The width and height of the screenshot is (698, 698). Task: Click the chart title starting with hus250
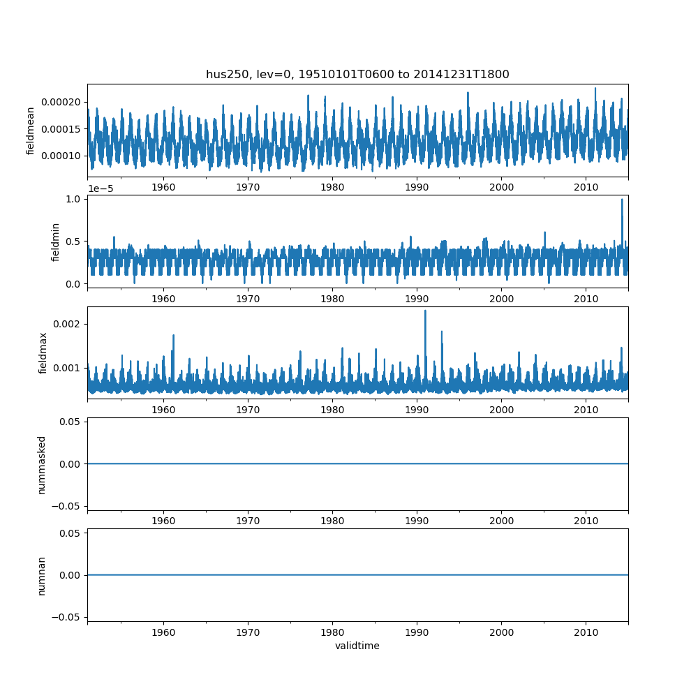(x=357, y=75)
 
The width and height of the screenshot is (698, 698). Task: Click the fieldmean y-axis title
(x=30, y=131)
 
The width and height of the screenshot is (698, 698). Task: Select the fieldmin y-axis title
(x=55, y=242)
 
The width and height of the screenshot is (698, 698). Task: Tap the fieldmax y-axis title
(x=43, y=353)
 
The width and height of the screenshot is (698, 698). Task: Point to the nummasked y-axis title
(x=41, y=465)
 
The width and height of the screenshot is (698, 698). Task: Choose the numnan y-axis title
(x=41, y=576)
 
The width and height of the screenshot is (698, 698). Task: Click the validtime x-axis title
(x=357, y=646)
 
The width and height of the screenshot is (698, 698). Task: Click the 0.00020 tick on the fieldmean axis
(x=61, y=103)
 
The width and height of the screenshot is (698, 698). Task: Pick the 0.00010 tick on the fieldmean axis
(x=61, y=156)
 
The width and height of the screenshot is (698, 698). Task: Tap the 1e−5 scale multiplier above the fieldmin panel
(x=101, y=188)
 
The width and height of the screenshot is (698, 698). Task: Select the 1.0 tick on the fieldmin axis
(x=73, y=199)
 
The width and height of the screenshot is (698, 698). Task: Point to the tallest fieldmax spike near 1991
(x=425, y=311)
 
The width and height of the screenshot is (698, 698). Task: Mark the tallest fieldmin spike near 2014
(x=622, y=200)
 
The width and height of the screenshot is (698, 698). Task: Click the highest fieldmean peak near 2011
(x=595, y=89)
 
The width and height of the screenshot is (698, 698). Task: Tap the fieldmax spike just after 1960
(x=173, y=336)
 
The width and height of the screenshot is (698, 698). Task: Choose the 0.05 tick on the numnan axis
(x=70, y=533)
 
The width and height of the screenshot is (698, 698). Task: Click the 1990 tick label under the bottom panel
(x=417, y=632)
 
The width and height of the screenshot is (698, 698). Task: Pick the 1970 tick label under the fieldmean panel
(x=248, y=187)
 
